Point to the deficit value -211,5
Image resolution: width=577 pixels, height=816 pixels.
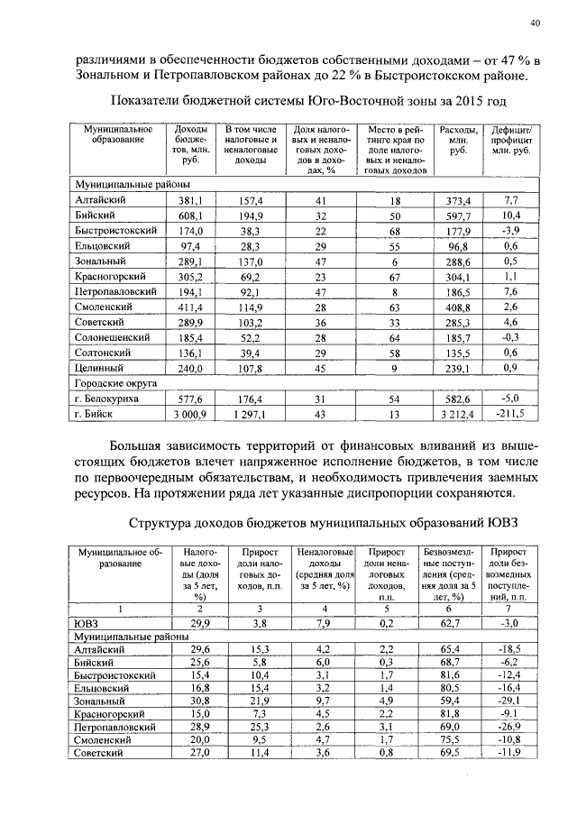click(511, 413)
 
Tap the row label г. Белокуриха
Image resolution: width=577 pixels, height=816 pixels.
click(105, 398)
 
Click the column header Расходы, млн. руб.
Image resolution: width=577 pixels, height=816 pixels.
click(458, 141)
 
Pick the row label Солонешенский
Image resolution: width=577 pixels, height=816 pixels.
click(113, 336)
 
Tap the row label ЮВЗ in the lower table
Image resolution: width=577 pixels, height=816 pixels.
click(86, 622)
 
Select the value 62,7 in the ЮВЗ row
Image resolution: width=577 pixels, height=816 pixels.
click(448, 622)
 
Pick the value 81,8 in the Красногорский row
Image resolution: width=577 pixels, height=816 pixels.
click(448, 712)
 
